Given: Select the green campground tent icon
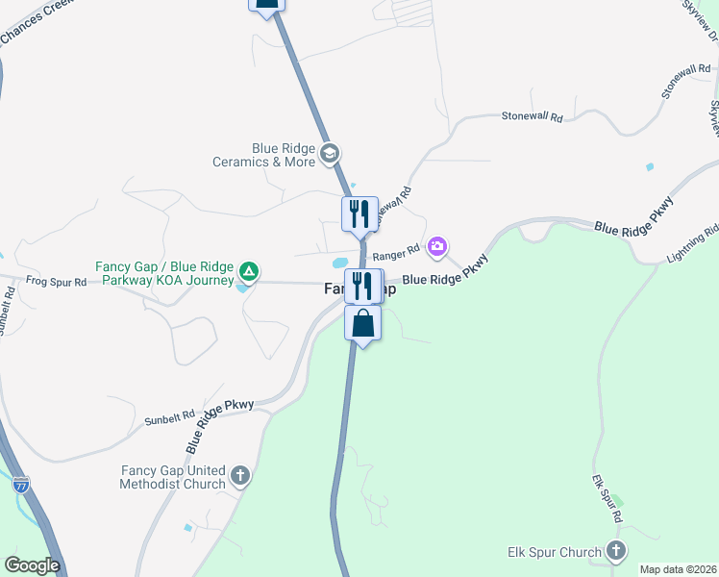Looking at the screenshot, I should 248,272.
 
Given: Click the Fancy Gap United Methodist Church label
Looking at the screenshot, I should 172,477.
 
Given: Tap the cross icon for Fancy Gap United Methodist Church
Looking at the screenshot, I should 240,475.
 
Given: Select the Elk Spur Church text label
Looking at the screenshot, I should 554,553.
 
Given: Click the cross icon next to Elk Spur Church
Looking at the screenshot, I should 616,552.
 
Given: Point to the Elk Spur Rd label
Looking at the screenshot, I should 607,498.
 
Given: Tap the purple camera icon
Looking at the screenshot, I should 437,247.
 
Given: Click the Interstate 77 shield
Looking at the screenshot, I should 22,484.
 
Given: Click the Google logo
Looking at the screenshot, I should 32,565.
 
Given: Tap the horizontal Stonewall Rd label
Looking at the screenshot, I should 532,115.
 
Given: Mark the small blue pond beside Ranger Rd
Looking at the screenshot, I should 338,262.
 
